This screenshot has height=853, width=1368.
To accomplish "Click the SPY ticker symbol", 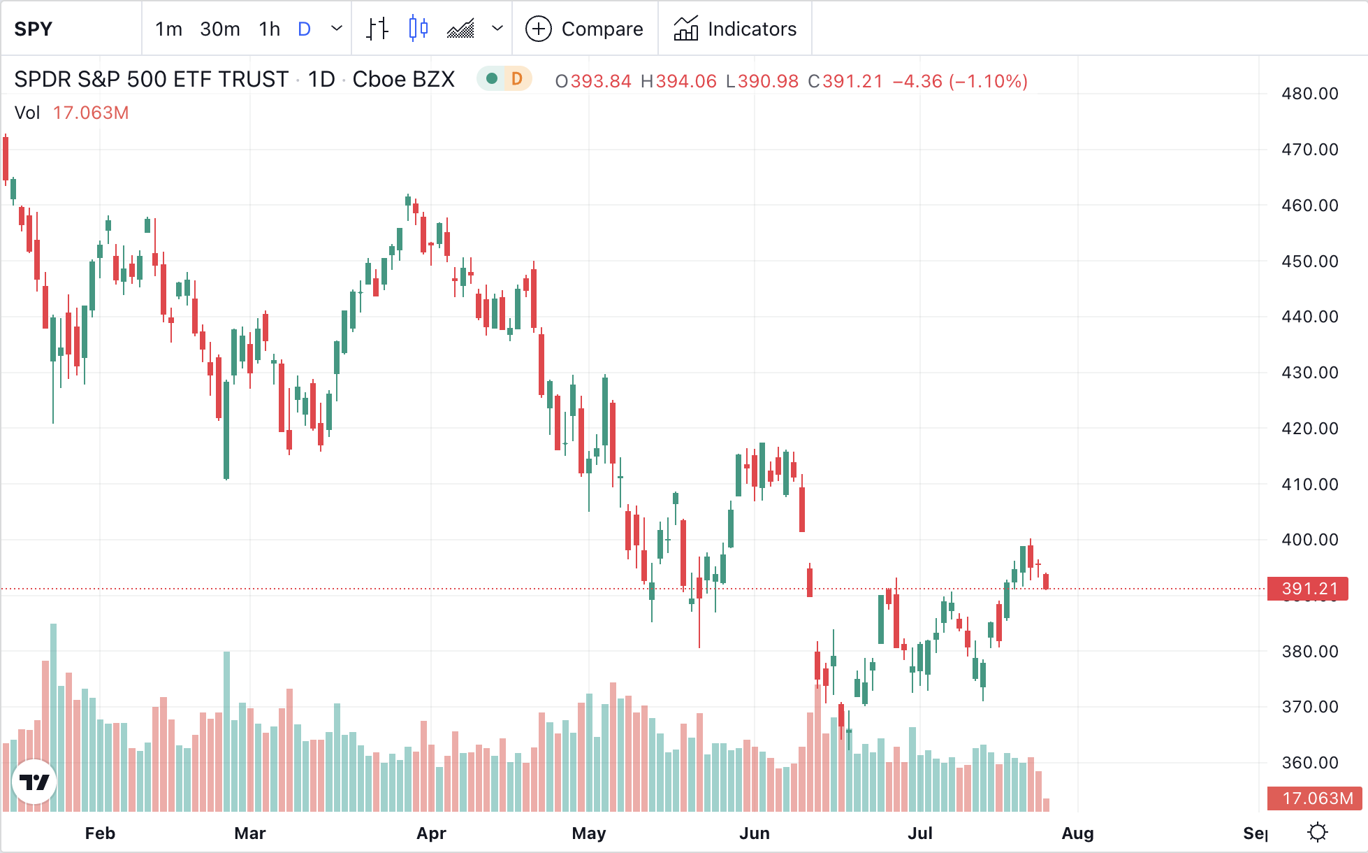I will pos(34,29).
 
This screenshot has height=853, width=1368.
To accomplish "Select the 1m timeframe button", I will pos(168,29).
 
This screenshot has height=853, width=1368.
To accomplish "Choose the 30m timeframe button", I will pos(219,29).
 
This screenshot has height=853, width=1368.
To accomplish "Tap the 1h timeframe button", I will pos(269,29).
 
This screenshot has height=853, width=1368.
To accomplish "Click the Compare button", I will pos(584,29).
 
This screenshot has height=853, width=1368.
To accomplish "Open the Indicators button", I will pos(735,29).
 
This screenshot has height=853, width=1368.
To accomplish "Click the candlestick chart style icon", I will pos(418,29).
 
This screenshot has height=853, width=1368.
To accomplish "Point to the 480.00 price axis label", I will pos(1309,94).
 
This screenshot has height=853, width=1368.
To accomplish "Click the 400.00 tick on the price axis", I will pos(1309,540).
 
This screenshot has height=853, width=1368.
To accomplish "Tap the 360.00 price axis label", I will pos(1309,763).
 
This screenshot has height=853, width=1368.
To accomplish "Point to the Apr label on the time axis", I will pos(431,833).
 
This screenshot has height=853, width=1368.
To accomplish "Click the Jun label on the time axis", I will pos(755,833).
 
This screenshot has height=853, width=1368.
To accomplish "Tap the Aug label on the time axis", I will pos(1077,833).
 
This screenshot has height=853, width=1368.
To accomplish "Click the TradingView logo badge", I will pos(34,782).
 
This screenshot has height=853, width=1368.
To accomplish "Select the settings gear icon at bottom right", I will pos(1318,833).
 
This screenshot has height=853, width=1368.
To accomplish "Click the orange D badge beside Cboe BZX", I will pos(517,79).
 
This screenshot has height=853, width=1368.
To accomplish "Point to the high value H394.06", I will pos(678,81).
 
